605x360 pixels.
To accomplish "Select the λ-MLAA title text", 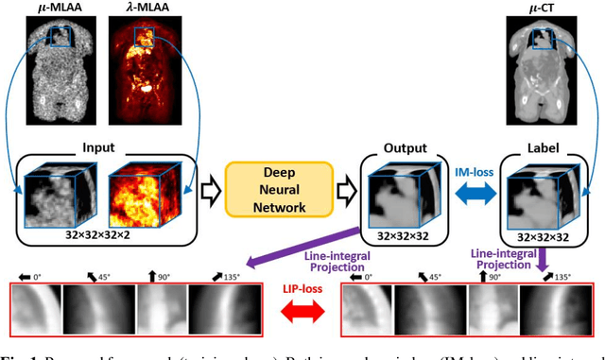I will click(x=132, y=9).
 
